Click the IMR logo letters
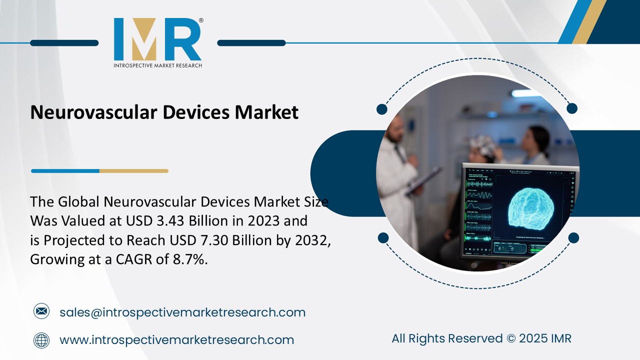[x=157, y=39]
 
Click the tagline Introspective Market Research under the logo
[x=157, y=65]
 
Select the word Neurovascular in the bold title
[x=93, y=112]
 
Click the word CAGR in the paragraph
[x=144, y=259]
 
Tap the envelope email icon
[x=41, y=312]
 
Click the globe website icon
[x=41, y=340]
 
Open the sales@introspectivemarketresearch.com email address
[x=182, y=312]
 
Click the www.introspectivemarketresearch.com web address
[x=176, y=340]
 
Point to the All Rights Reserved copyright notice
[x=481, y=338]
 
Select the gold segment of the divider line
[x=133, y=171]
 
